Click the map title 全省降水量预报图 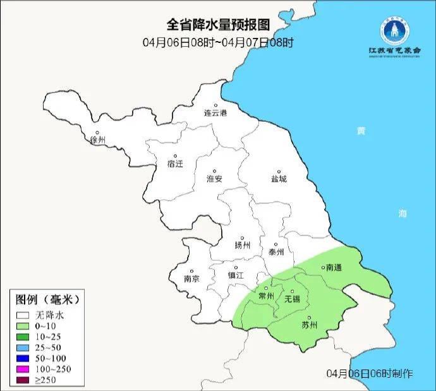218,25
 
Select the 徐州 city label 98,140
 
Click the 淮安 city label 215,179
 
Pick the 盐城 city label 278,179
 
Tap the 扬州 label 242,245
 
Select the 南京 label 191,279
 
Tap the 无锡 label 292,299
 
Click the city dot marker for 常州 267,288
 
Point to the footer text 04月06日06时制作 370,373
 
